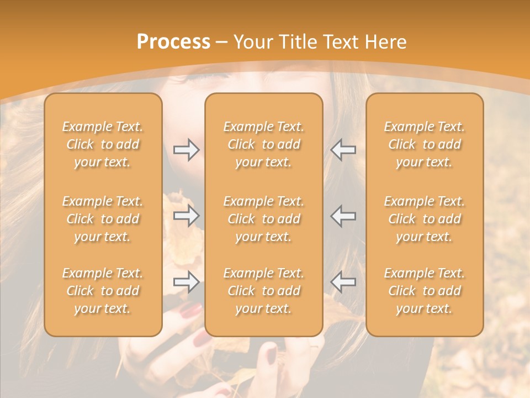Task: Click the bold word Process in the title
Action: point(173,42)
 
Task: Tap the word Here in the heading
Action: point(386,42)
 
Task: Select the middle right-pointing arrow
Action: point(186,216)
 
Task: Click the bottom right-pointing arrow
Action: point(186,282)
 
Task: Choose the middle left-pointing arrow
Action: point(343,216)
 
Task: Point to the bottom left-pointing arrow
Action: point(343,282)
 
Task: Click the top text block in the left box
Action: point(103,144)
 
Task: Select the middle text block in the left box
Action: point(103,219)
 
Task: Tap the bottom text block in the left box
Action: point(103,291)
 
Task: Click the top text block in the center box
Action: point(264,144)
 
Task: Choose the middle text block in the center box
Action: point(264,219)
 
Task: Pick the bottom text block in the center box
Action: point(264,291)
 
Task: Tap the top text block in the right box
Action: point(425,144)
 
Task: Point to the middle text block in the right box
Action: point(425,219)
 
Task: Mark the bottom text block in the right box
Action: point(425,291)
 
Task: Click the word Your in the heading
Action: point(253,42)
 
